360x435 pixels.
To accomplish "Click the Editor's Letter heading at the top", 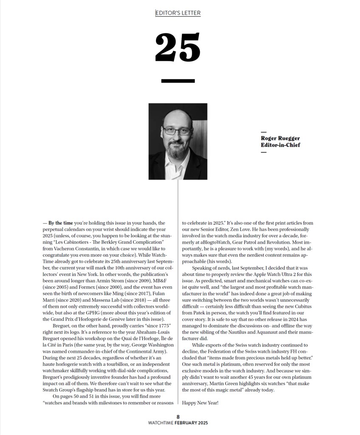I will tap(178, 13).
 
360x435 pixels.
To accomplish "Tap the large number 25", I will tap(178, 48).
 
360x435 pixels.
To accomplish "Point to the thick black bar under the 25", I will tap(178, 81).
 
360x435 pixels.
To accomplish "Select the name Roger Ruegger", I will tap(280, 138).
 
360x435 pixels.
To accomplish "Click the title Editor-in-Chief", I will tap(281, 145).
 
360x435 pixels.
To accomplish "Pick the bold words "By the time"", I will tap(61, 223).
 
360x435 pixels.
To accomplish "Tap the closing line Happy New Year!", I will tap(200, 402).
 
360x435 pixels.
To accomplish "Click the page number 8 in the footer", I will tap(179, 417).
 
